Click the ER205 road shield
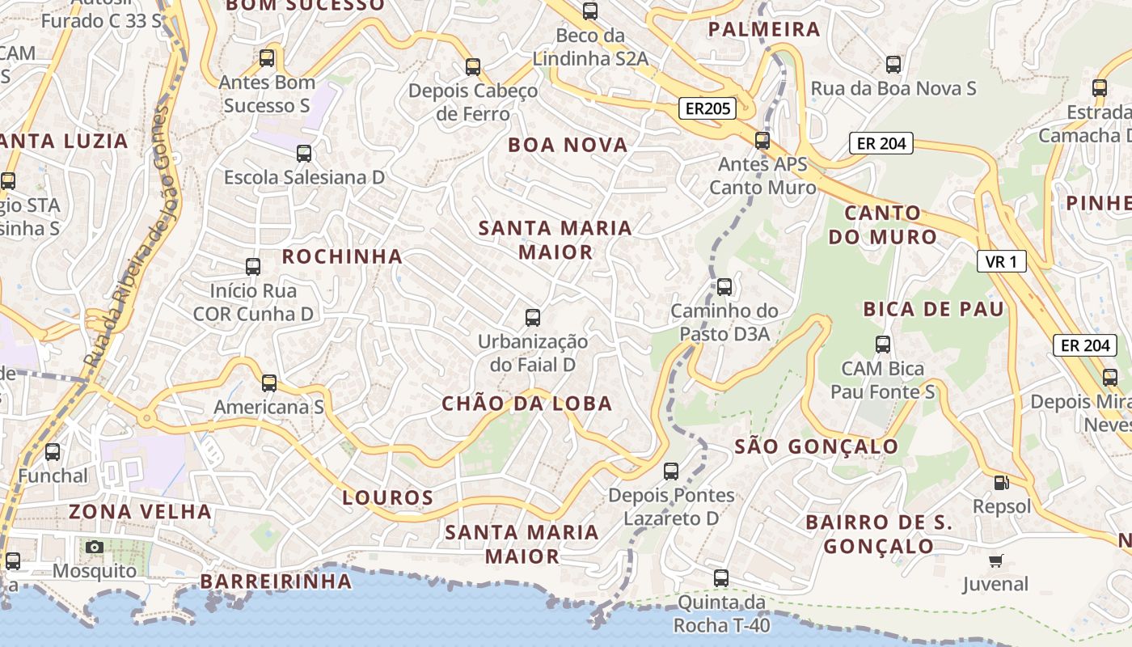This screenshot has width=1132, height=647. click(x=707, y=108)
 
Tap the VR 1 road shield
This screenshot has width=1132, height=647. click(x=1001, y=261)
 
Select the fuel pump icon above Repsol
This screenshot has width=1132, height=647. click(x=1001, y=483)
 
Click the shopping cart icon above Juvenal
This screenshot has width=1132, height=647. click(x=995, y=560)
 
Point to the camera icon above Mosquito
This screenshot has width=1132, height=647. click(x=95, y=548)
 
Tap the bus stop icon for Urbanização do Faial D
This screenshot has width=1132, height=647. click(x=533, y=318)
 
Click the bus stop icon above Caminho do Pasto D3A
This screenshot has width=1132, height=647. click(x=724, y=286)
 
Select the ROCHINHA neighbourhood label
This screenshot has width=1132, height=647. click(x=342, y=257)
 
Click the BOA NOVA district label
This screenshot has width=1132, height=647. click(x=568, y=146)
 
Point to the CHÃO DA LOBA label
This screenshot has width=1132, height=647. click(x=526, y=404)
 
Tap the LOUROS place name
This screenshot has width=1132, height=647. click(x=388, y=497)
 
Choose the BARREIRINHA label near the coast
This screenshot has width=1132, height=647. click(x=276, y=581)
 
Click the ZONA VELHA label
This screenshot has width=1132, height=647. click(x=140, y=512)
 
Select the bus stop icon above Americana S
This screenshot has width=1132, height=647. click(x=269, y=383)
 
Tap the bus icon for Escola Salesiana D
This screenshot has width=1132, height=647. click(x=304, y=154)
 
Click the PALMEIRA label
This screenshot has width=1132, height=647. click(x=764, y=30)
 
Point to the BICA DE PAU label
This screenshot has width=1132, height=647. click(x=933, y=309)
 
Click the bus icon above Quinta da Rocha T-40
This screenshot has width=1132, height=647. click(x=721, y=578)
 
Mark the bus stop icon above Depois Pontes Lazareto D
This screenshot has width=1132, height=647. click(x=671, y=471)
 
